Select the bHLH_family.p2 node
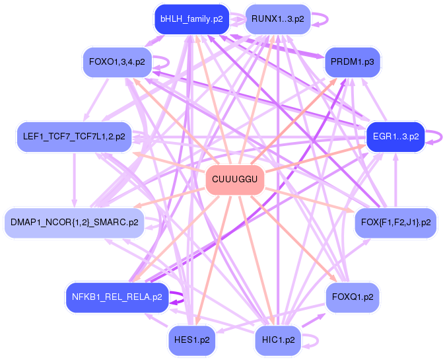(191, 20)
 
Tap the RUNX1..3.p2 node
(277, 20)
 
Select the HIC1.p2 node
(278, 340)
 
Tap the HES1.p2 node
(192, 340)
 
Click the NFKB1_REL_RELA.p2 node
(117, 297)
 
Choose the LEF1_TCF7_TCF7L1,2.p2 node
(74, 137)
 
